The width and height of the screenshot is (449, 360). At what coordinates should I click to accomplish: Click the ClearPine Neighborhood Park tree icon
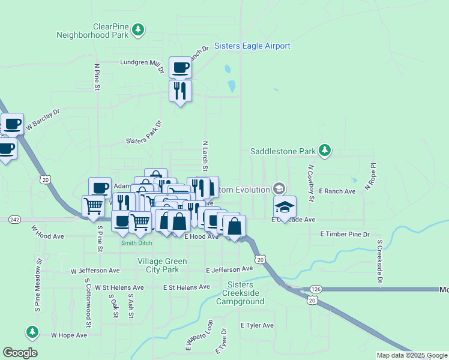point(139,29)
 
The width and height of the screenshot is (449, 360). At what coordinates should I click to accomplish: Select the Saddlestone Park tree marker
point(325,150)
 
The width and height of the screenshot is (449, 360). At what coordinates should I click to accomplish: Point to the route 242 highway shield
point(15,220)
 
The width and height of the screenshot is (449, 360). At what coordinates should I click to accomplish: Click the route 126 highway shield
point(316,289)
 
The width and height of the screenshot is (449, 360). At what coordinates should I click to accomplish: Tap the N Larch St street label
point(205,155)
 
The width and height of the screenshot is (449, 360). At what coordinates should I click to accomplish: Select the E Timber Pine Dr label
point(345,233)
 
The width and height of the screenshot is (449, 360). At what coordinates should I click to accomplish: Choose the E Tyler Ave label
point(257,325)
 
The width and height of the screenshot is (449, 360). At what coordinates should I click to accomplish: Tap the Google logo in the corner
point(20,353)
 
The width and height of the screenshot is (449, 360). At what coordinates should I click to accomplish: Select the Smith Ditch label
point(136,243)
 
